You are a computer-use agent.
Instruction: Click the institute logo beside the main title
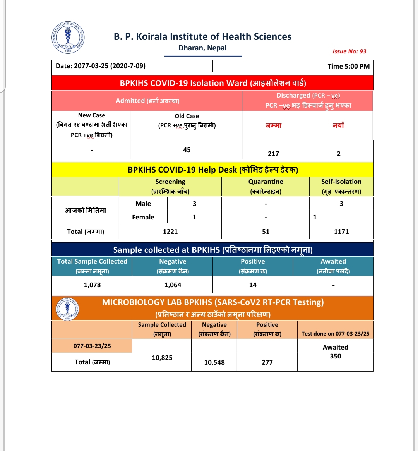pyautogui.click(x=69, y=38)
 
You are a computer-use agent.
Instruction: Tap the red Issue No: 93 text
pyautogui.click(x=349, y=51)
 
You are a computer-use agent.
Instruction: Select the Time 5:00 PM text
pyautogui.click(x=348, y=66)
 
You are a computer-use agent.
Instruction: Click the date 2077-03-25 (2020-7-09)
pyautogui.click(x=101, y=66)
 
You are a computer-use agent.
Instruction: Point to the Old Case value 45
pyautogui.click(x=187, y=150)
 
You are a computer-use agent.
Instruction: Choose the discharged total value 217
pyautogui.click(x=273, y=154)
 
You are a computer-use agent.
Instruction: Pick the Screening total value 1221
pyautogui.click(x=170, y=232)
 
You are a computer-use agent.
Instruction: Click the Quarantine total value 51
pyautogui.click(x=266, y=232)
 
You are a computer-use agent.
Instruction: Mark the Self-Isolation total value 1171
pyautogui.click(x=341, y=232)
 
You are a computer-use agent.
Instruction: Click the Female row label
pyautogui.click(x=143, y=217)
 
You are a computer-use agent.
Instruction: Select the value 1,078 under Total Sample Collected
pyautogui.click(x=92, y=285)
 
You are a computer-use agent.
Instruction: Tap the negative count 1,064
pyautogui.click(x=173, y=285)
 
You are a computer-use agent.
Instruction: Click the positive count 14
pyautogui.click(x=253, y=285)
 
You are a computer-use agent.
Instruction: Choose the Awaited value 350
pyautogui.click(x=336, y=356)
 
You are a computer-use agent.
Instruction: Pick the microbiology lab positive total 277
pyautogui.click(x=267, y=362)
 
